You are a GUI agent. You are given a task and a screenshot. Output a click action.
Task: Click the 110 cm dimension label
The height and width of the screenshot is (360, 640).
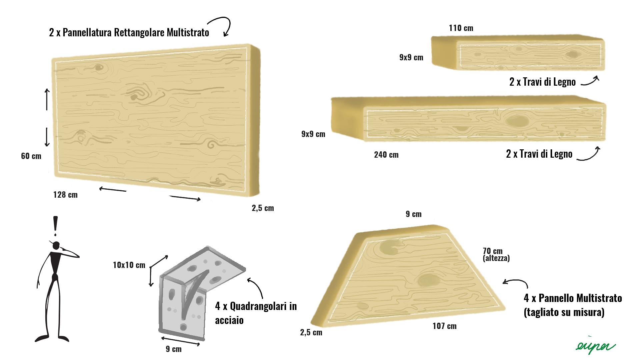(x=461, y=28)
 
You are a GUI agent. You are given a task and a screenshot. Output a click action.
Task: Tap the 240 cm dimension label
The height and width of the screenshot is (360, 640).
(x=386, y=155)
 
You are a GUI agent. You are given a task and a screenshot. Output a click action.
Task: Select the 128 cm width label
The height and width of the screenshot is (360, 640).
(x=65, y=195)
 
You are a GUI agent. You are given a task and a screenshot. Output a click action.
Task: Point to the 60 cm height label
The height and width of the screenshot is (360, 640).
(x=31, y=156)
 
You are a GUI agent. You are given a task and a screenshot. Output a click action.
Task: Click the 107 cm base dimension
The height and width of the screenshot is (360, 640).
(x=444, y=326)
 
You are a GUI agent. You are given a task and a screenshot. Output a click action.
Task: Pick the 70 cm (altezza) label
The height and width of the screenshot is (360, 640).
(x=496, y=254)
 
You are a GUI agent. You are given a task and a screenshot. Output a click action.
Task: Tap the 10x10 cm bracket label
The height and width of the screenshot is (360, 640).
(x=129, y=265)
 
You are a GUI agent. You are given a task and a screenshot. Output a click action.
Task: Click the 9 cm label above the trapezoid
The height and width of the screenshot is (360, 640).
(x=413, y=214)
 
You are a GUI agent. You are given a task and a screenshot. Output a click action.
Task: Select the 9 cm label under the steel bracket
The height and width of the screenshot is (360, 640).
(x=174, y=349)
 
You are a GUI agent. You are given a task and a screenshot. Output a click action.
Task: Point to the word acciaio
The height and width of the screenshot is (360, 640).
(x=229, y=320)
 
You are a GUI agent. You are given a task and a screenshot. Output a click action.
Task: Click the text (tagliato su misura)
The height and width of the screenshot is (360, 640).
(x=564, y=312)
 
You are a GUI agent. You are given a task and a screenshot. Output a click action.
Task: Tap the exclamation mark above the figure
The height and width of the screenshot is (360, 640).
(x=55, y=226)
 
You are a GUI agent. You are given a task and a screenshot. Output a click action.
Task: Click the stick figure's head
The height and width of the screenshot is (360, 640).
(x=56, y=245)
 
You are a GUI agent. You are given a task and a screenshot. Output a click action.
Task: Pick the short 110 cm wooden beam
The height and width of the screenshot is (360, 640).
(x=518, y=53)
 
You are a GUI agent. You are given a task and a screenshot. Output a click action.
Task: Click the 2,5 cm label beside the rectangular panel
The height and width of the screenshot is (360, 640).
(x=263, y=208)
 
